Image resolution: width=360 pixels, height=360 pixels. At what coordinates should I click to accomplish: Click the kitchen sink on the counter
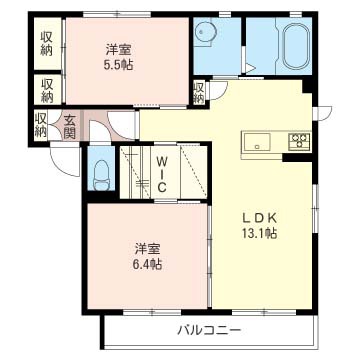coord(257,140)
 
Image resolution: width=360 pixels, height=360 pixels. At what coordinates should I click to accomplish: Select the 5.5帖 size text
coord(118,63)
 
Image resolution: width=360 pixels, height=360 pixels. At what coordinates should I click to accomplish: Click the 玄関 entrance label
coord(70,125)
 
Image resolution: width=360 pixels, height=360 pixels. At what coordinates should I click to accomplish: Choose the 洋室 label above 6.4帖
coord(145,248)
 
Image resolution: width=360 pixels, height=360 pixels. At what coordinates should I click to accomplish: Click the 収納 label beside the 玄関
coord(41,125)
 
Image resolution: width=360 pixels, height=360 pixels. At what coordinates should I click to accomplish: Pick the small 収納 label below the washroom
coord(199,92)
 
